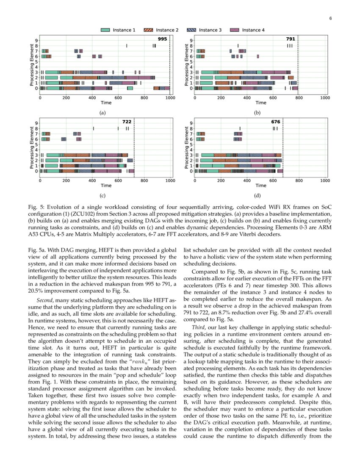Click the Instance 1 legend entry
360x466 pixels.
pos(119,30)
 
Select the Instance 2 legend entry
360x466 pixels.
pos(161,30)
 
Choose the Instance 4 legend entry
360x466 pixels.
pos(247,30)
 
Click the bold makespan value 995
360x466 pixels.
pos(163,39)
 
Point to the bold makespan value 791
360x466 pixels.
pos(291,39)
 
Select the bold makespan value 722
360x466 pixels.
pos(127,122)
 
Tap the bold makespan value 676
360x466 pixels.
pos(276,122)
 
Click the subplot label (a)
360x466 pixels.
pos(102,113)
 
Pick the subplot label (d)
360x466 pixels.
pos(257,196)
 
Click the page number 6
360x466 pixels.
pos(330,18)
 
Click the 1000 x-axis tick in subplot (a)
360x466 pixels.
pos(170,98)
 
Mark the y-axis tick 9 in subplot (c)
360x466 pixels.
pos(36,123)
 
